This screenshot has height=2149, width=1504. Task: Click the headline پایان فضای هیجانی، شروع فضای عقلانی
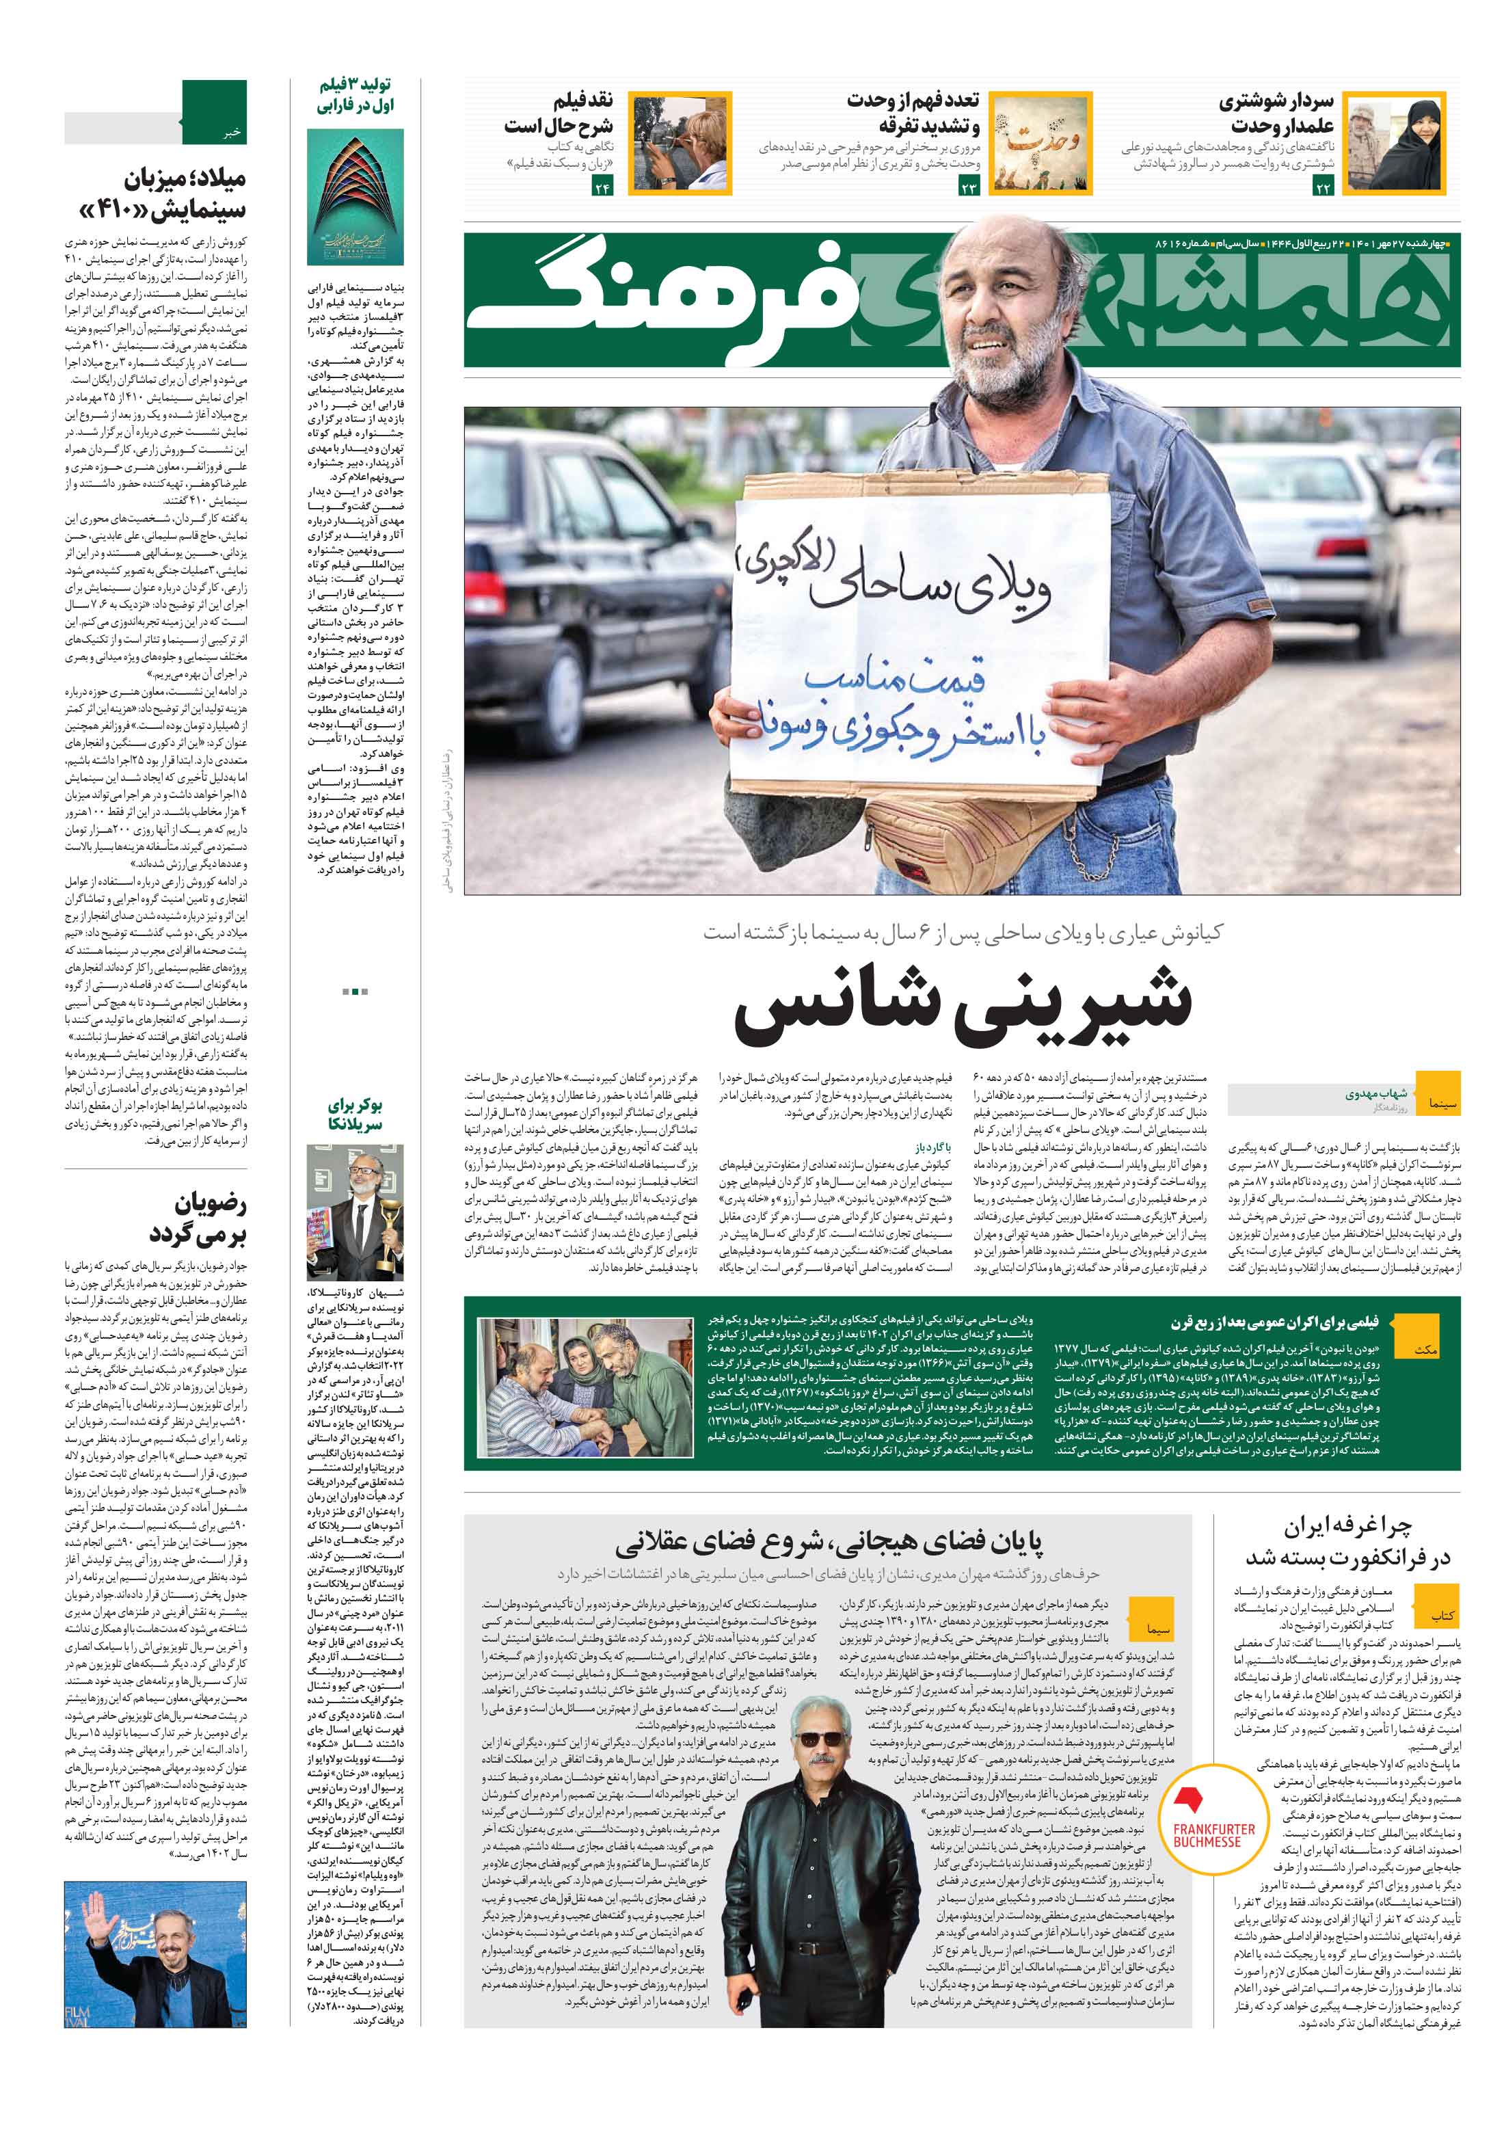(x=829, y=1542)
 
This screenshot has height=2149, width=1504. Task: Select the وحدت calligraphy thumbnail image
(x=1043, y=143)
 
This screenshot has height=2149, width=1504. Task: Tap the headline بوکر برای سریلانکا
(x=355, y=1114)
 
